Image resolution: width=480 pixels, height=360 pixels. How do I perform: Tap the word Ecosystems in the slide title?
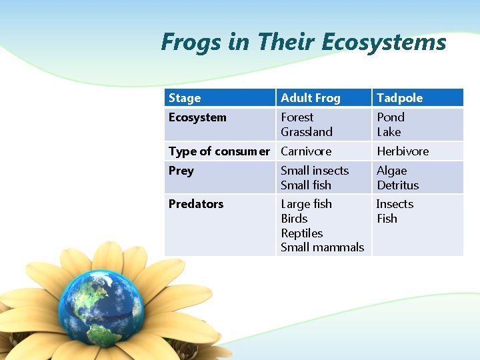pyautogui.click(x=383, y=43)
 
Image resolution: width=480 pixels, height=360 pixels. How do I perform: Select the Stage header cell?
pyautogui.click(x=185, y=98)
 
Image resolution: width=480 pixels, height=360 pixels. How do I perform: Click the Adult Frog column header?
pyautogui.click(x=310, y=98)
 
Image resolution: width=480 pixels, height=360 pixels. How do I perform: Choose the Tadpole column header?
pyautogui.click(x=399, y=98)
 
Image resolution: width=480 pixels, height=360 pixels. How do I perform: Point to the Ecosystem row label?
pyautogui.click(x=197, y=117)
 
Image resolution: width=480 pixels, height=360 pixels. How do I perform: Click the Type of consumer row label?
pyautogui.click(x=219, y=151)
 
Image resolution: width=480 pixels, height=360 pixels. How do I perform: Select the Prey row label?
pyautogui.click(x=181, y=171)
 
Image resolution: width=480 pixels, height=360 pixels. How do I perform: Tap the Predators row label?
pyautogui.click(x=196, y=204)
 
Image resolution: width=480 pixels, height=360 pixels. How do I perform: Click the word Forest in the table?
pyautogui.click(x=297, y=117)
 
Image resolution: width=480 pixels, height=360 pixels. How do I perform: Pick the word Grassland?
pyautogui.click(x=307, y=132)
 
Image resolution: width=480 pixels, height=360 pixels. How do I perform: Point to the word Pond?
pyautogui.click(x=391, y=117)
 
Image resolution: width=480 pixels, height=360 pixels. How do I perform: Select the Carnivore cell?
pyautogui.click(x=306, y=151)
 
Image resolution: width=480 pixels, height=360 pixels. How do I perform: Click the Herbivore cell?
pyautogui.click(x=403, y=151)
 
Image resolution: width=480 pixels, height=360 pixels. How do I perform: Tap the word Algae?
pyautogui.click(x=391, y=171)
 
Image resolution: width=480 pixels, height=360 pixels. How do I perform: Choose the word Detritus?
pyautogui.click(x=398, y=185)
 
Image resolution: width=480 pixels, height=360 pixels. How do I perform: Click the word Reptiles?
pyautogui.click(x=301, y=233)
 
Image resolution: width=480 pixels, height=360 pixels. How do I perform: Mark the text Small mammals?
pyautogui.click(x=322, y=247)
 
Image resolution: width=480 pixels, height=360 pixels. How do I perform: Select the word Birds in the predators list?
pyautogui.click(x=294, y=219)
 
